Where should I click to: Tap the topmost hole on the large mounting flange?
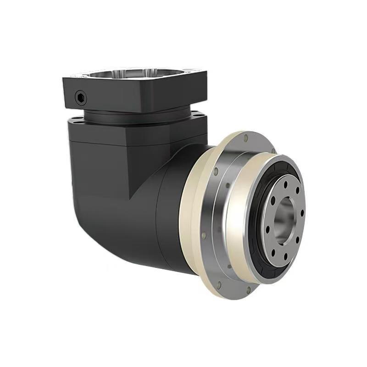pos(246,137)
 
